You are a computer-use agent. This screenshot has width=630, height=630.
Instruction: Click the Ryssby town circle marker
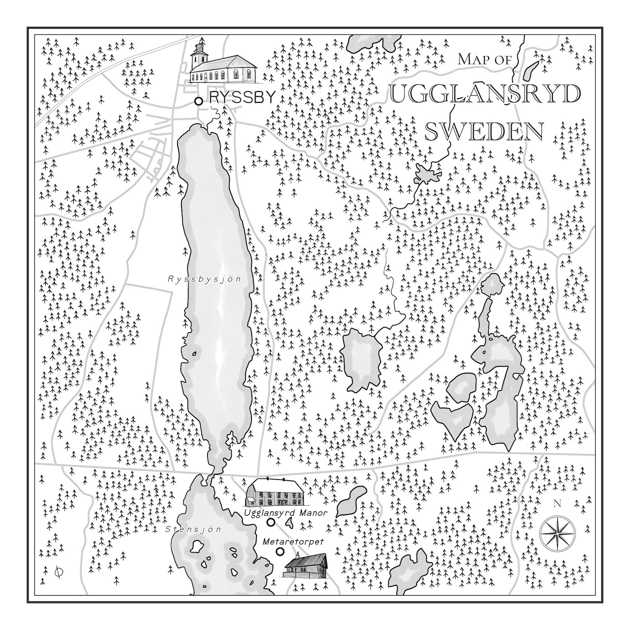point(198,101)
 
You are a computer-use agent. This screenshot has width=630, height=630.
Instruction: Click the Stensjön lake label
point(194,529)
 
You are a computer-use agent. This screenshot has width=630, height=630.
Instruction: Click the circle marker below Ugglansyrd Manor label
point(271,522)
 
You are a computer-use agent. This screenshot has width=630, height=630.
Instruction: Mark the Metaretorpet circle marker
point(280,551)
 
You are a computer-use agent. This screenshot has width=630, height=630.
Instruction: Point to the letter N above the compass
point(557,504)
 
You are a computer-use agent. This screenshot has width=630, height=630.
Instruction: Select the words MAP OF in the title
point(485,59)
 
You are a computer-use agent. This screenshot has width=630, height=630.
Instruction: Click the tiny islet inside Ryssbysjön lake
point(194,354)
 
